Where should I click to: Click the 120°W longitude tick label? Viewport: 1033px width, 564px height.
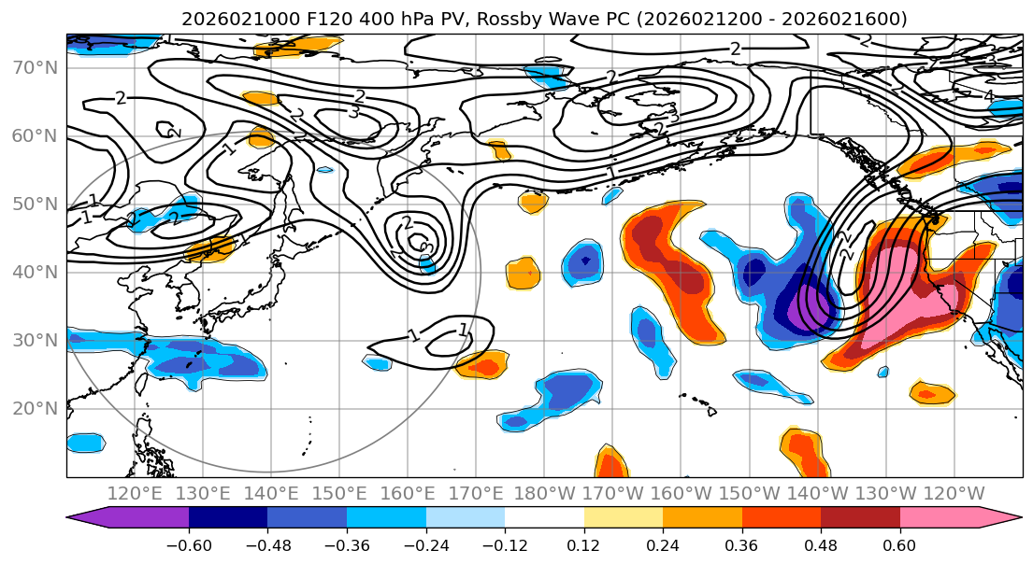pos(954,493)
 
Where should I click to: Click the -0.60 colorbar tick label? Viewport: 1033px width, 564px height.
pos(188,544)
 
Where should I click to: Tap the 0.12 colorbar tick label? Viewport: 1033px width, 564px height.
pos(583,544)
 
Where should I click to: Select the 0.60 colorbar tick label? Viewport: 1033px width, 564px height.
pos(899,544)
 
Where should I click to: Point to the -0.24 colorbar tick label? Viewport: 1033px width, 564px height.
pos(425,544)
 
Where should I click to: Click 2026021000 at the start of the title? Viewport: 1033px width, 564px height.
pos(237,19)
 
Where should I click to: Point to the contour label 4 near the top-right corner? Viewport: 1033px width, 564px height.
pos(988,96)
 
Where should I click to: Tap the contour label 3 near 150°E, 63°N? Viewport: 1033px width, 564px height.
pos(353,112)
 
